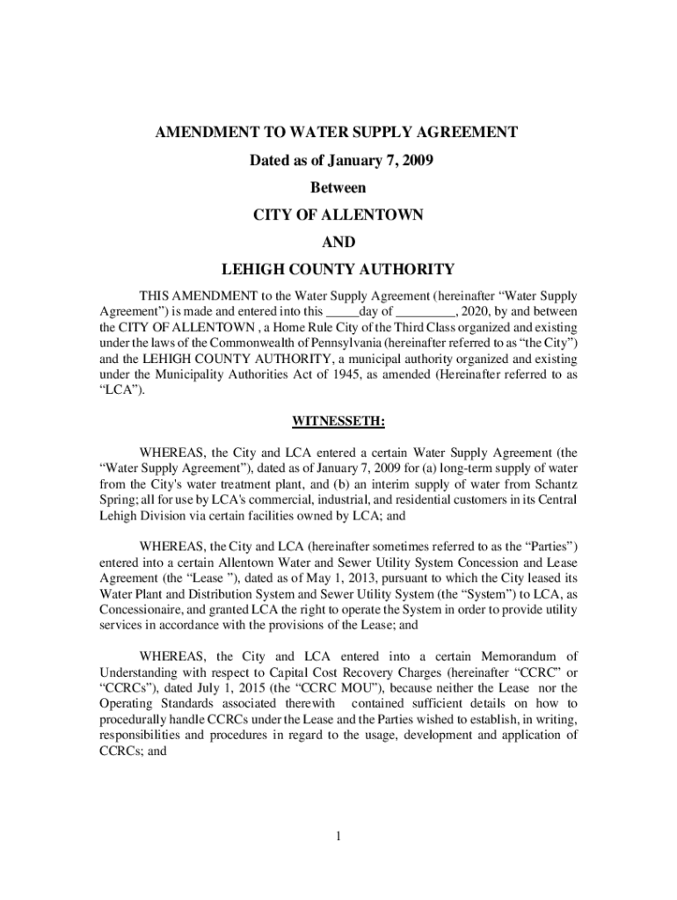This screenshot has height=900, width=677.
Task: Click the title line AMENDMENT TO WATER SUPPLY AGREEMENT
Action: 337,133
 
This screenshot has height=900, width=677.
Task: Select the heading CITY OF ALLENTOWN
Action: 338,214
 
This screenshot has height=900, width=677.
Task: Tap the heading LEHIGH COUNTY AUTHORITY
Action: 338,269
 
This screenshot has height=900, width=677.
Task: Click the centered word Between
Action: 338,188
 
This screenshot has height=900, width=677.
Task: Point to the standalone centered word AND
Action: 338,242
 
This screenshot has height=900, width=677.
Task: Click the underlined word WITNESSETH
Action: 338,422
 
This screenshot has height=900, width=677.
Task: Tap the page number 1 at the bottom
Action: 338,835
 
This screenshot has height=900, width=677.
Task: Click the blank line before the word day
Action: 342,313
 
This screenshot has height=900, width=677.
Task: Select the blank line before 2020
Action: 426,313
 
